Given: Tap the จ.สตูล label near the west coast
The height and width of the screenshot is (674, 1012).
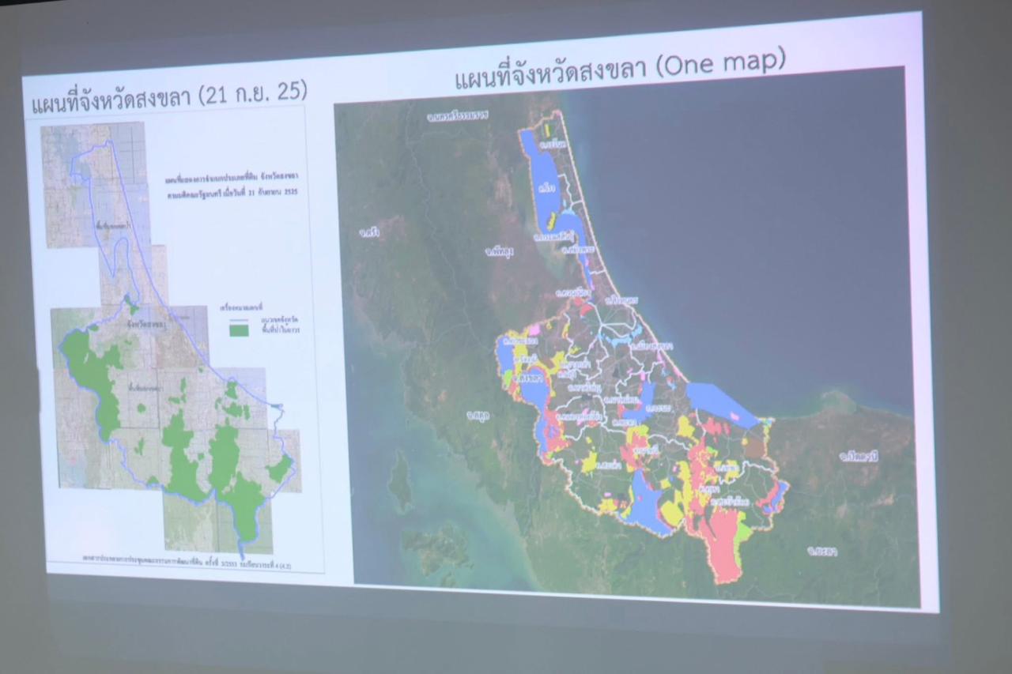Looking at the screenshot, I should [x=478, y=415].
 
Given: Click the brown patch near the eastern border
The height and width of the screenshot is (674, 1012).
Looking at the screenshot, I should [x=754, y=447].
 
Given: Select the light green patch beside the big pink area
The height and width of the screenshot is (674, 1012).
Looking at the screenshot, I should [x=743, y=533].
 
